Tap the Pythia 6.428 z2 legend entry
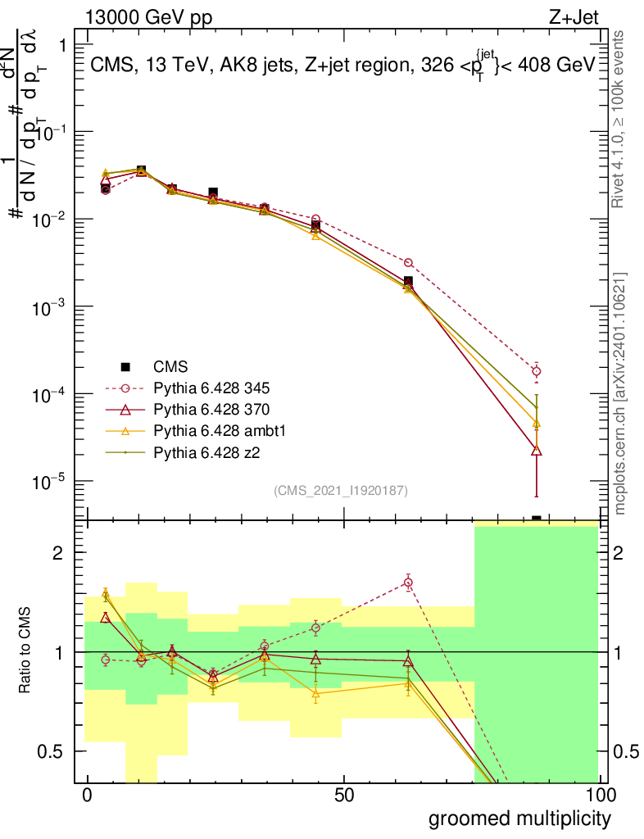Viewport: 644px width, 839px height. coord(208,451)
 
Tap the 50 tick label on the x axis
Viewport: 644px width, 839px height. coord(343,796)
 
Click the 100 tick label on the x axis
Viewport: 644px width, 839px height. coord(598,796)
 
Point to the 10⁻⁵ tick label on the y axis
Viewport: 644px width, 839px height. coord(49,481)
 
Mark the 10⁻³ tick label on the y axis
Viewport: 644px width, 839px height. coord(49,306)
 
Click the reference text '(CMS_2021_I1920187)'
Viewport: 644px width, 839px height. coord(341,490)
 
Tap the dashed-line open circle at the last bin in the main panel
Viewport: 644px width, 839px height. coord(537,371)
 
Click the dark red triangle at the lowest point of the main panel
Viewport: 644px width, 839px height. coord(537,450)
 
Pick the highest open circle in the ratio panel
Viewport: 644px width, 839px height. coord(408,583)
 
